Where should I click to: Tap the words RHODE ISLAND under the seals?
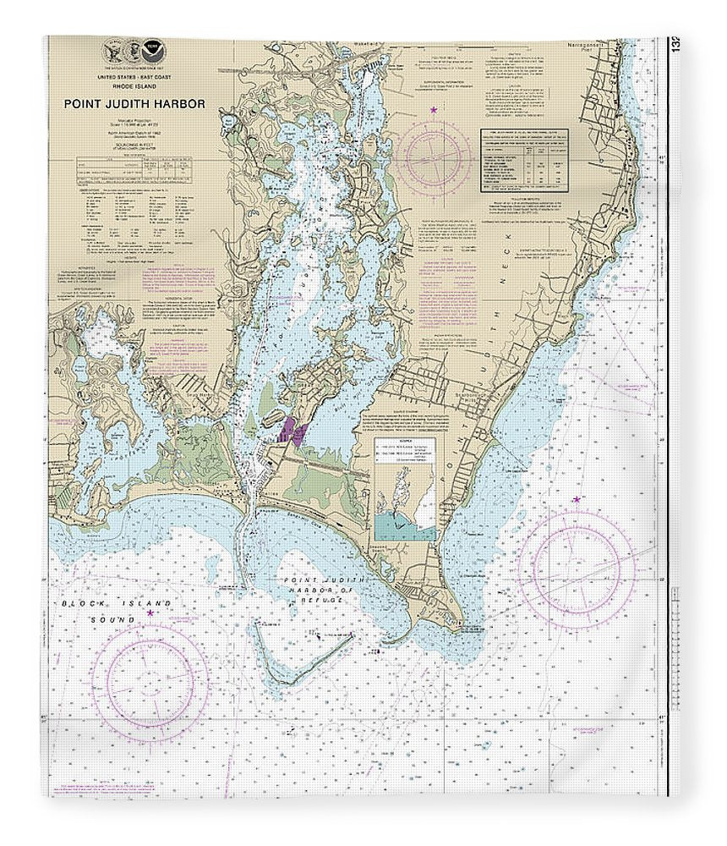point(133,85)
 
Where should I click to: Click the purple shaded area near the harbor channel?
point(290,431)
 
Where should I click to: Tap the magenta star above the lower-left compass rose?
point(150,613)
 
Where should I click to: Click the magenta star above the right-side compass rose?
point(577,499)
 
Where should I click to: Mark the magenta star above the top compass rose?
point(435,110)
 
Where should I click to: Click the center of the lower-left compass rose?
point(150,682)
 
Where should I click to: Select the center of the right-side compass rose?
point(577,568)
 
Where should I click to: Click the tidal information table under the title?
point(135,170)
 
